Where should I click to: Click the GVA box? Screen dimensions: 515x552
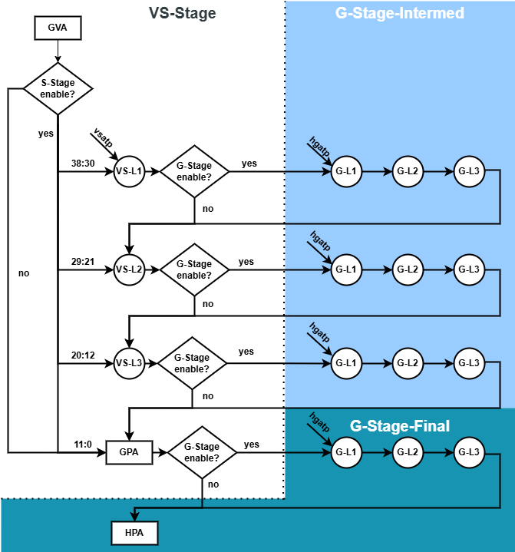click(58, 28)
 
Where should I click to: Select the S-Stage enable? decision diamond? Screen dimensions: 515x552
click(58, 89)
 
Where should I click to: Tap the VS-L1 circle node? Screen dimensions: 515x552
click(129, 171)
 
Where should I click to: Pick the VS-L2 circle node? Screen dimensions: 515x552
click(129, 269)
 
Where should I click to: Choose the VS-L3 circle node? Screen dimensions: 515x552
click(129, 363)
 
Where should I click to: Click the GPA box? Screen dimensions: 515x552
click(129, 452)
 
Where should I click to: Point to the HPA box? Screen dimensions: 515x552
click(134, 533)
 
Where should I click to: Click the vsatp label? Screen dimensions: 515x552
click(103, 137)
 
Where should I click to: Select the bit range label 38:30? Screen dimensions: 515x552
click(83, 164)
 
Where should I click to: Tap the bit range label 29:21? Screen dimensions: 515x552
click(83, 262)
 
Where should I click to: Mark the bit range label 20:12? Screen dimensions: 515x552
click(83, 355)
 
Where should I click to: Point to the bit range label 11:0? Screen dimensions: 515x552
click(83, 445)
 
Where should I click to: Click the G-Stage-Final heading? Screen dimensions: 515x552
click(400, 426)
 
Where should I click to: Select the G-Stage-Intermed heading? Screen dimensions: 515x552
click(400, 13)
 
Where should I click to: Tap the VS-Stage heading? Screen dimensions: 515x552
click(183, 13)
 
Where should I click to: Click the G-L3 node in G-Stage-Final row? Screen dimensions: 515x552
click(469, 452)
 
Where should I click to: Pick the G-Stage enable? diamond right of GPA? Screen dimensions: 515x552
click(202, 452)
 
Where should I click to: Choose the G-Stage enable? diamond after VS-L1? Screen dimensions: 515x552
click(195, 171)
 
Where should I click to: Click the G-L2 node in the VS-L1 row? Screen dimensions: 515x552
click(408, 171)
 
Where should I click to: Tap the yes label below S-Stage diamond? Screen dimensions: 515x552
click(46, 134)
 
